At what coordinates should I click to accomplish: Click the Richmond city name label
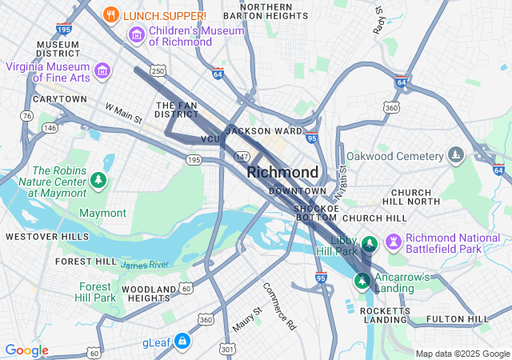point(282,172)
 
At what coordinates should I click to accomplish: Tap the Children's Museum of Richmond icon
point(136,35)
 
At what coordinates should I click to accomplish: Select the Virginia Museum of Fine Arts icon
point(102,72)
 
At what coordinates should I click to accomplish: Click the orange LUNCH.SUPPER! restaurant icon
point(112,14)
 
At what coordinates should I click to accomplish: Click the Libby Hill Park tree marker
point(370,243)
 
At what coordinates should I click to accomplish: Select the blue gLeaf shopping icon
point(182,342)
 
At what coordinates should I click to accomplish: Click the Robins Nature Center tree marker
point(98,181)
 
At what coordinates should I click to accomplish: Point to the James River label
point(145,265)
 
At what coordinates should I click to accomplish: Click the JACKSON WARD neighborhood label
point(264,130)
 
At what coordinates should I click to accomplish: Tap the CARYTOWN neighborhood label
point(60,99)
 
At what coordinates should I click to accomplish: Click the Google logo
point(26,350)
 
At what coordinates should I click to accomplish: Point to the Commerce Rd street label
point(279,306)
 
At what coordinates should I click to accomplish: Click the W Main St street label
point(123,114)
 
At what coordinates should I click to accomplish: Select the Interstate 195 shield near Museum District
point(65,29)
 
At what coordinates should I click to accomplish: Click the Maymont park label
point(102,213)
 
